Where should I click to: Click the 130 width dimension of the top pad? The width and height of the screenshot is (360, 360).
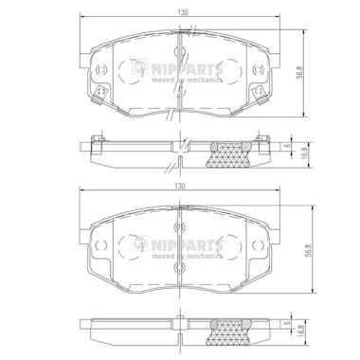183,12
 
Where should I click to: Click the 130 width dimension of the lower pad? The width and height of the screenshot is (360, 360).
179,187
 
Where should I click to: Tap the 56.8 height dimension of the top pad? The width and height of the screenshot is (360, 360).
299,72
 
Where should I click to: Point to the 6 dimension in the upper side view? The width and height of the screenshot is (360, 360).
287,145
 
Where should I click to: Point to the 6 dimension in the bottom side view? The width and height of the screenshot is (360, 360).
287,323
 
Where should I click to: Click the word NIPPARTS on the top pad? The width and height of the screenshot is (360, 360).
187,68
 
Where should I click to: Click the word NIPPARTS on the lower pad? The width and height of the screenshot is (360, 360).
187,244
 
